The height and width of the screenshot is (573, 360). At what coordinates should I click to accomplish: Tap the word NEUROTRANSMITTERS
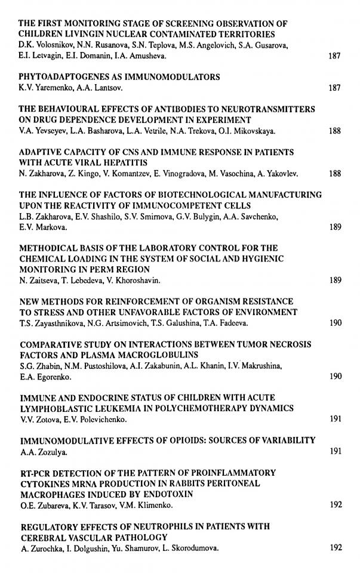pos(263,110)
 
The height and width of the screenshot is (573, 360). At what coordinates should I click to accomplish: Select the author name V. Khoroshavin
pos(130,280)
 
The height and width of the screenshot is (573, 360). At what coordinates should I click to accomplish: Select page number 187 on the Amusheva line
pos(335,56)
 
